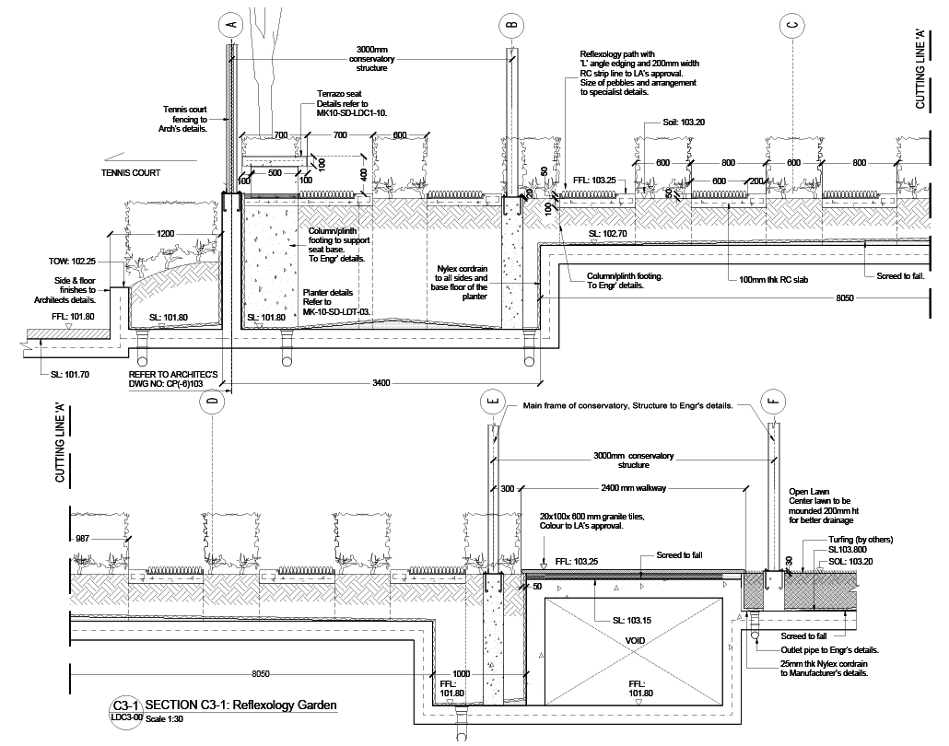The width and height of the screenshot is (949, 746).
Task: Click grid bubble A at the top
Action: pyautogui.click(x=230, y=23)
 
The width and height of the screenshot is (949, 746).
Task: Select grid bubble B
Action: pyautogui.click(x=512, y=23)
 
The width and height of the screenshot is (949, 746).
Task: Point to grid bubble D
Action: pyautogui.click(x=213, y=404)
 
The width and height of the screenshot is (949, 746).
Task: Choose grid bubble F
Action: pyautogui.click(x=773, y=402)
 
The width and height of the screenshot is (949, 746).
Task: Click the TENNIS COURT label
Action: pyautogui.click(x=131, y=173)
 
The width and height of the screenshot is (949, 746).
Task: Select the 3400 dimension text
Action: pyautogui.click(x=381, y=381)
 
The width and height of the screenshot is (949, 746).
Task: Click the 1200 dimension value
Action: pyautogui.click(x=165, y=234)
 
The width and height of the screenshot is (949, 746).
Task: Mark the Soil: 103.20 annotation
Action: pyautogui.click(x=683, y=122)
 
